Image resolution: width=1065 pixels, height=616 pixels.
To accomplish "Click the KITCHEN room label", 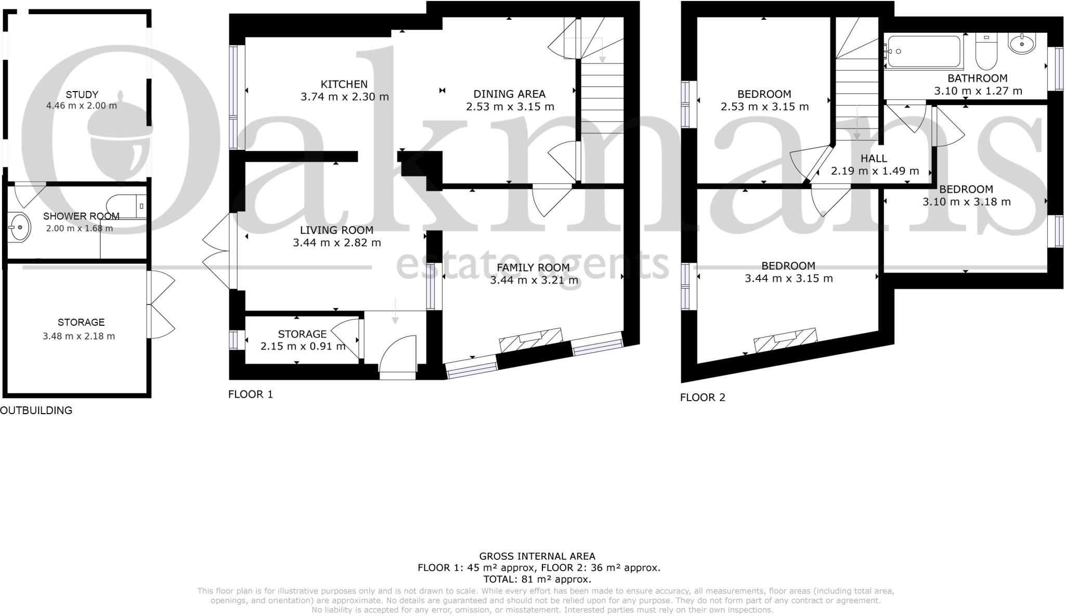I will click(x=344, y=84).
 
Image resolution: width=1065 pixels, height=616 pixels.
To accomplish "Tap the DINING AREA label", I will click(x=509, y=94).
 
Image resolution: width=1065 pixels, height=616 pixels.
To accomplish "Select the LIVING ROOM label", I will click(x=336, y=230).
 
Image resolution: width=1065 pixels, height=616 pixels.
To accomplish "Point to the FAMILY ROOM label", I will click(x=533, y=267).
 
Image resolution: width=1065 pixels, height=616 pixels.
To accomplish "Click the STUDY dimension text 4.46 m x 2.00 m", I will click(x=82, y=106).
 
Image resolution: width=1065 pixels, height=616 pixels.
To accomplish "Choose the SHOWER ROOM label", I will click(x=81, y=216).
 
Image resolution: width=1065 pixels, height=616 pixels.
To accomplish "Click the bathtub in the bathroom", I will click(x=924, y=52).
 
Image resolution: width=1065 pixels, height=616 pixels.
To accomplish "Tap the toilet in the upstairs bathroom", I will click(x=986, y=52).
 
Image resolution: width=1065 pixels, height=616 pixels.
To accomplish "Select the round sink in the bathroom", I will click(x=1022, y=44).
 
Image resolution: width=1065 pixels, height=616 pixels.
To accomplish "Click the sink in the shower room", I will click(x=20, y=227).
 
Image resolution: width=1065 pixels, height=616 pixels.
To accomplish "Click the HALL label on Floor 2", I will click(x=874, y=159).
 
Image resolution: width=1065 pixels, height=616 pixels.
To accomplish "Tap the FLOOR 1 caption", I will click(x=251, y=394).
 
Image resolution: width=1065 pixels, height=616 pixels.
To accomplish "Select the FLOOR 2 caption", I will click(x=703, y=397).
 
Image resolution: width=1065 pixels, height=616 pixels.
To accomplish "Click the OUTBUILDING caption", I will click(x=36, y=410).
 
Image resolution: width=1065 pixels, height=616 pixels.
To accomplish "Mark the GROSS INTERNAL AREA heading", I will click(x=537, y=556).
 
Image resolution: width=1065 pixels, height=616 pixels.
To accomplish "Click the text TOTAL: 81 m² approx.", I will click(x=537, y=579).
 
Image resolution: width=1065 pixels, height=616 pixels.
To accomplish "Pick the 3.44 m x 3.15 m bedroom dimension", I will click(x=788, y=278).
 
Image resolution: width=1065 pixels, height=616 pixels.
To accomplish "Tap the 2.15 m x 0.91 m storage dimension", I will click(x=303, y=346).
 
